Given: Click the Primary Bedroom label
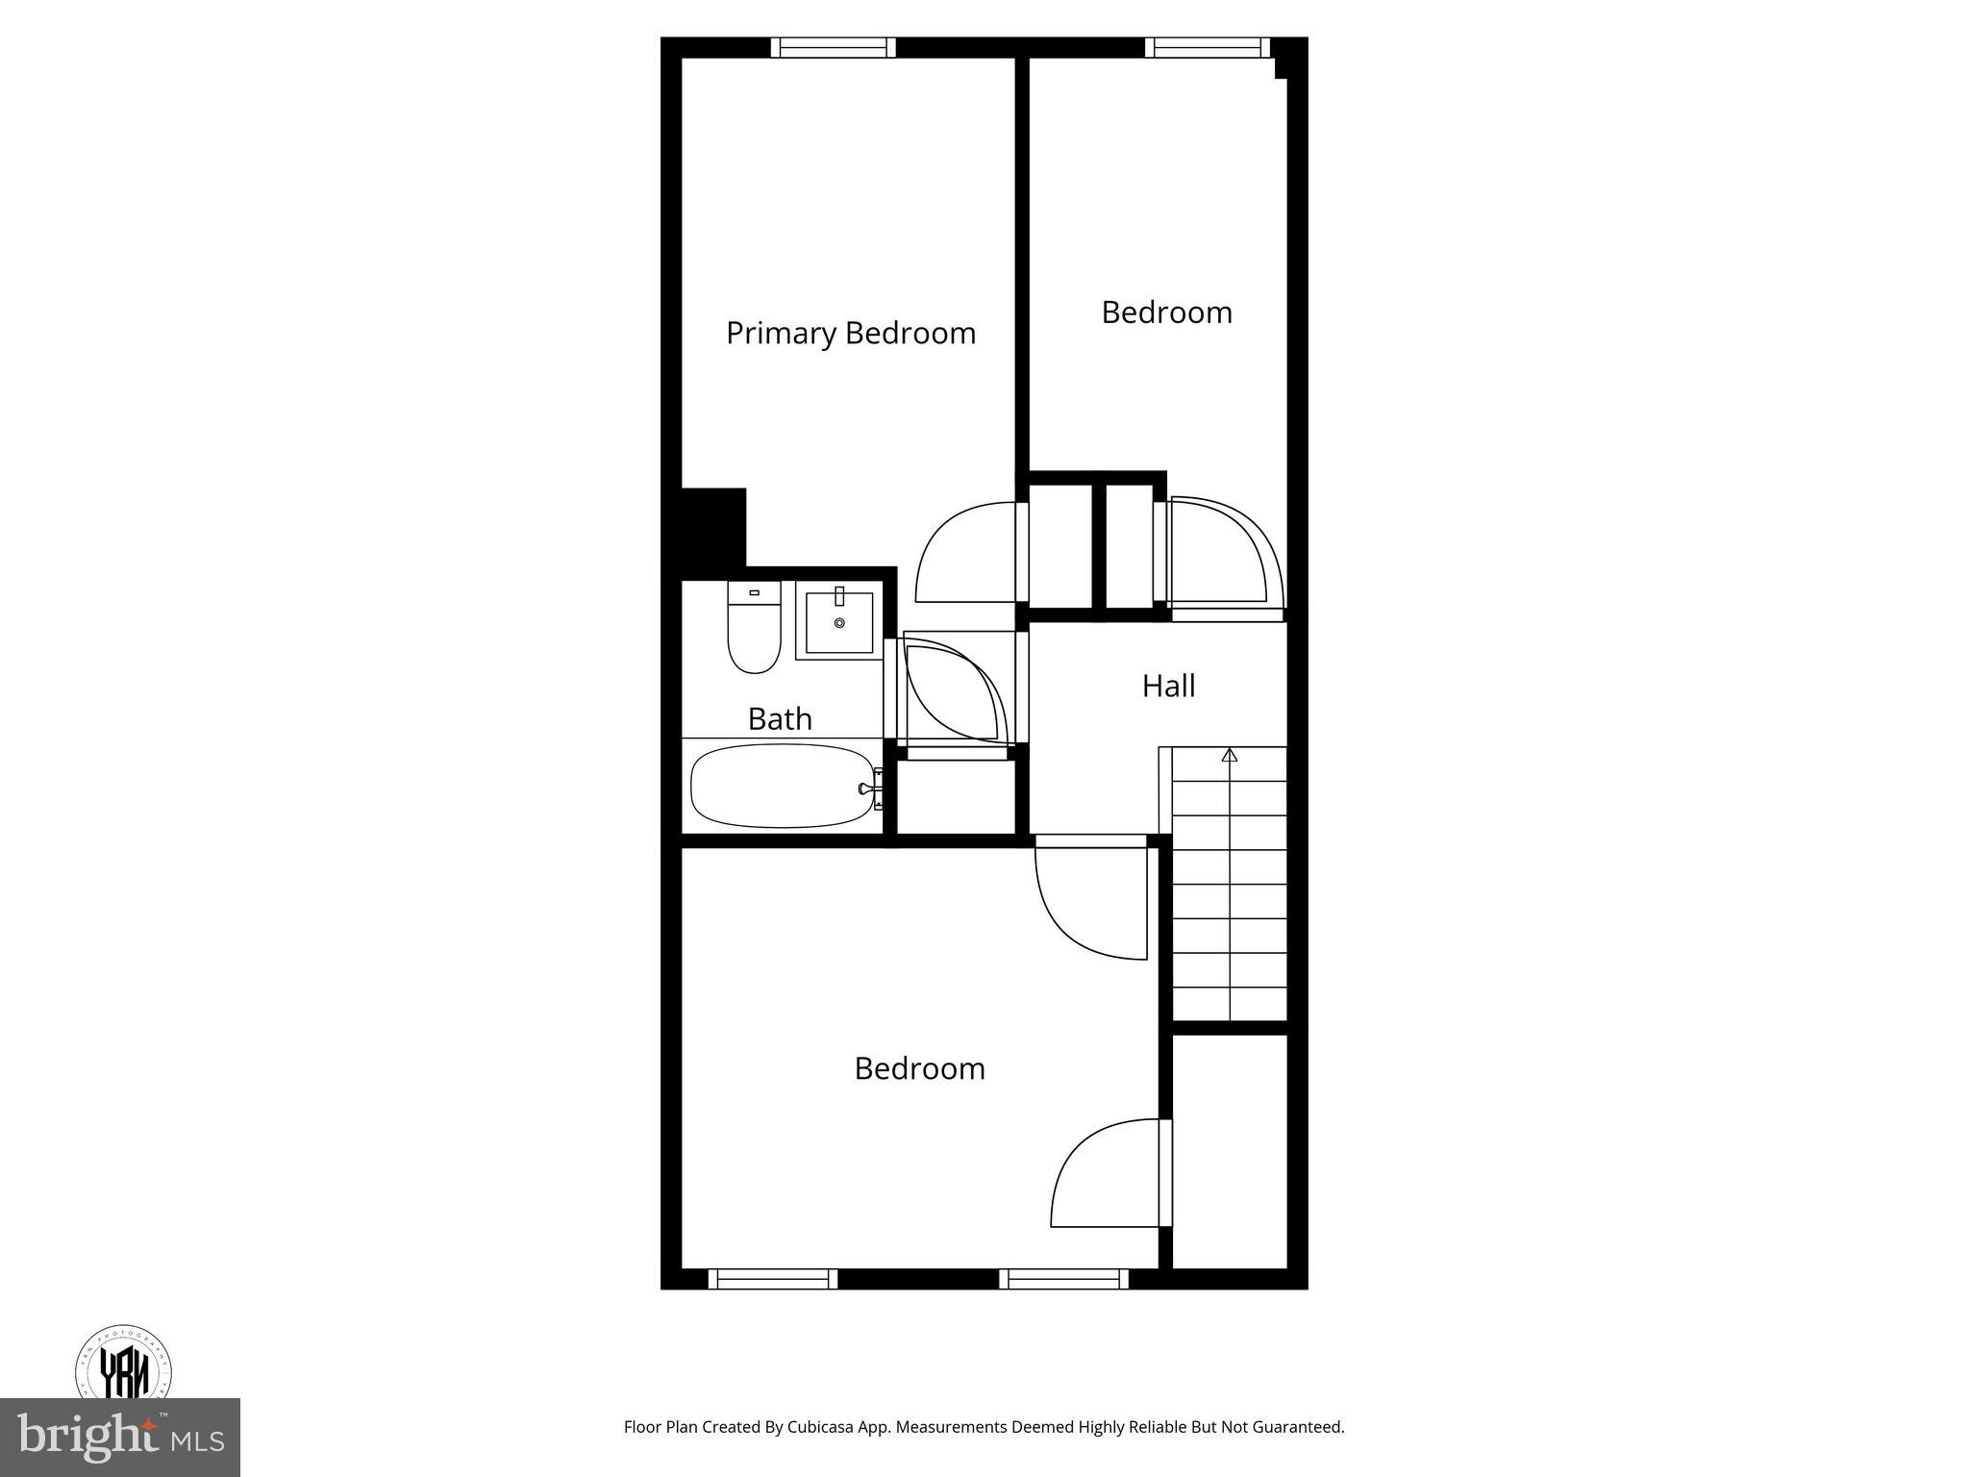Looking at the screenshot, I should coord(851,334).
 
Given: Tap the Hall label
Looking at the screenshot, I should coord(1168,686).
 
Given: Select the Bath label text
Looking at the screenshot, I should coord(780,718).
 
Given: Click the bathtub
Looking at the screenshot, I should coord(783,787).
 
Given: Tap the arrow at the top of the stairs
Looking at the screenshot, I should coord(1229,756).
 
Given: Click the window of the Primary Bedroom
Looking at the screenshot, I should coord(833,47).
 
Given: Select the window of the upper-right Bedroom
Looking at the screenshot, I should coord(1208,47).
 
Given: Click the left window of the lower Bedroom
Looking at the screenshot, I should coord(773,1279).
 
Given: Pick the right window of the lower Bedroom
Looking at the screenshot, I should coord(1063,1279).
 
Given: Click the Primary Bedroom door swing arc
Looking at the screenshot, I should coord(961,553).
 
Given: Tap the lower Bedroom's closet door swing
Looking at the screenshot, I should coord(1106,1175).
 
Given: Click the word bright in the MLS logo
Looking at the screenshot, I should coord(87,1439).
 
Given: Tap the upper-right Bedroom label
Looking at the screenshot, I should coord(1166,313).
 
